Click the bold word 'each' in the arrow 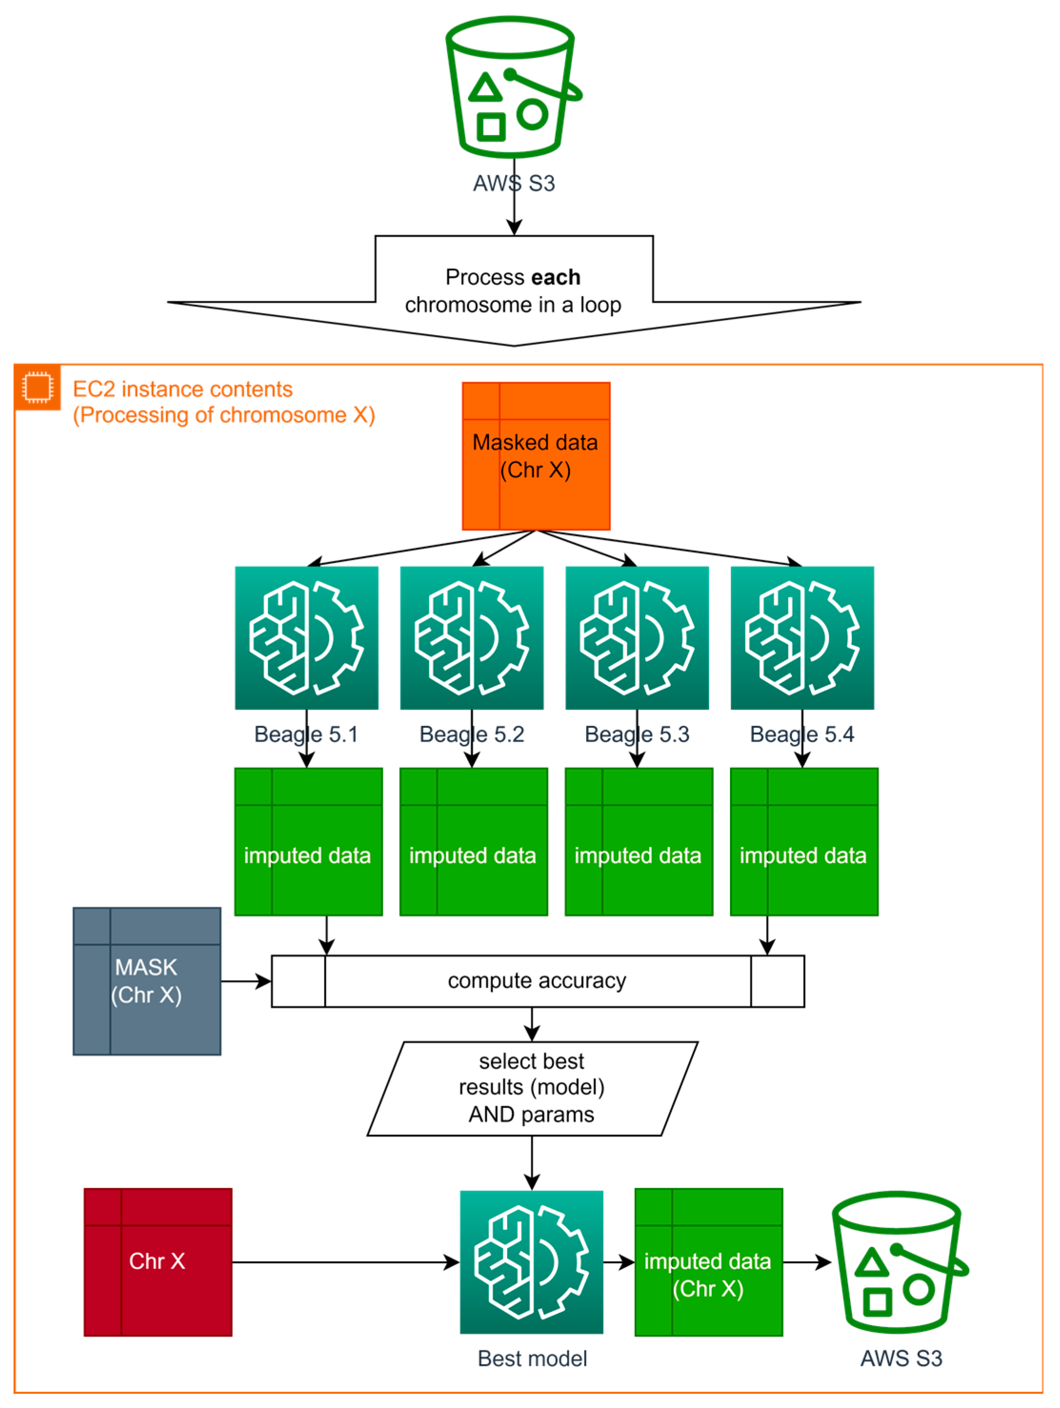[556, 278]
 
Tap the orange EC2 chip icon [37, 387]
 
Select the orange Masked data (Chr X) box [536, 456]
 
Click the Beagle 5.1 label [306, 734]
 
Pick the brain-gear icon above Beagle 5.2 [472, 638]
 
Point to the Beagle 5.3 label [637, 734]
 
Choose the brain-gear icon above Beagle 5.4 [802, 638]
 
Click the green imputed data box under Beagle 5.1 [308, 842]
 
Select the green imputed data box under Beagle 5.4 [804, 842]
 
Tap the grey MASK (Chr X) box [147, 981]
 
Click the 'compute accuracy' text [537, 981]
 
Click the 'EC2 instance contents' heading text [183, 389]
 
